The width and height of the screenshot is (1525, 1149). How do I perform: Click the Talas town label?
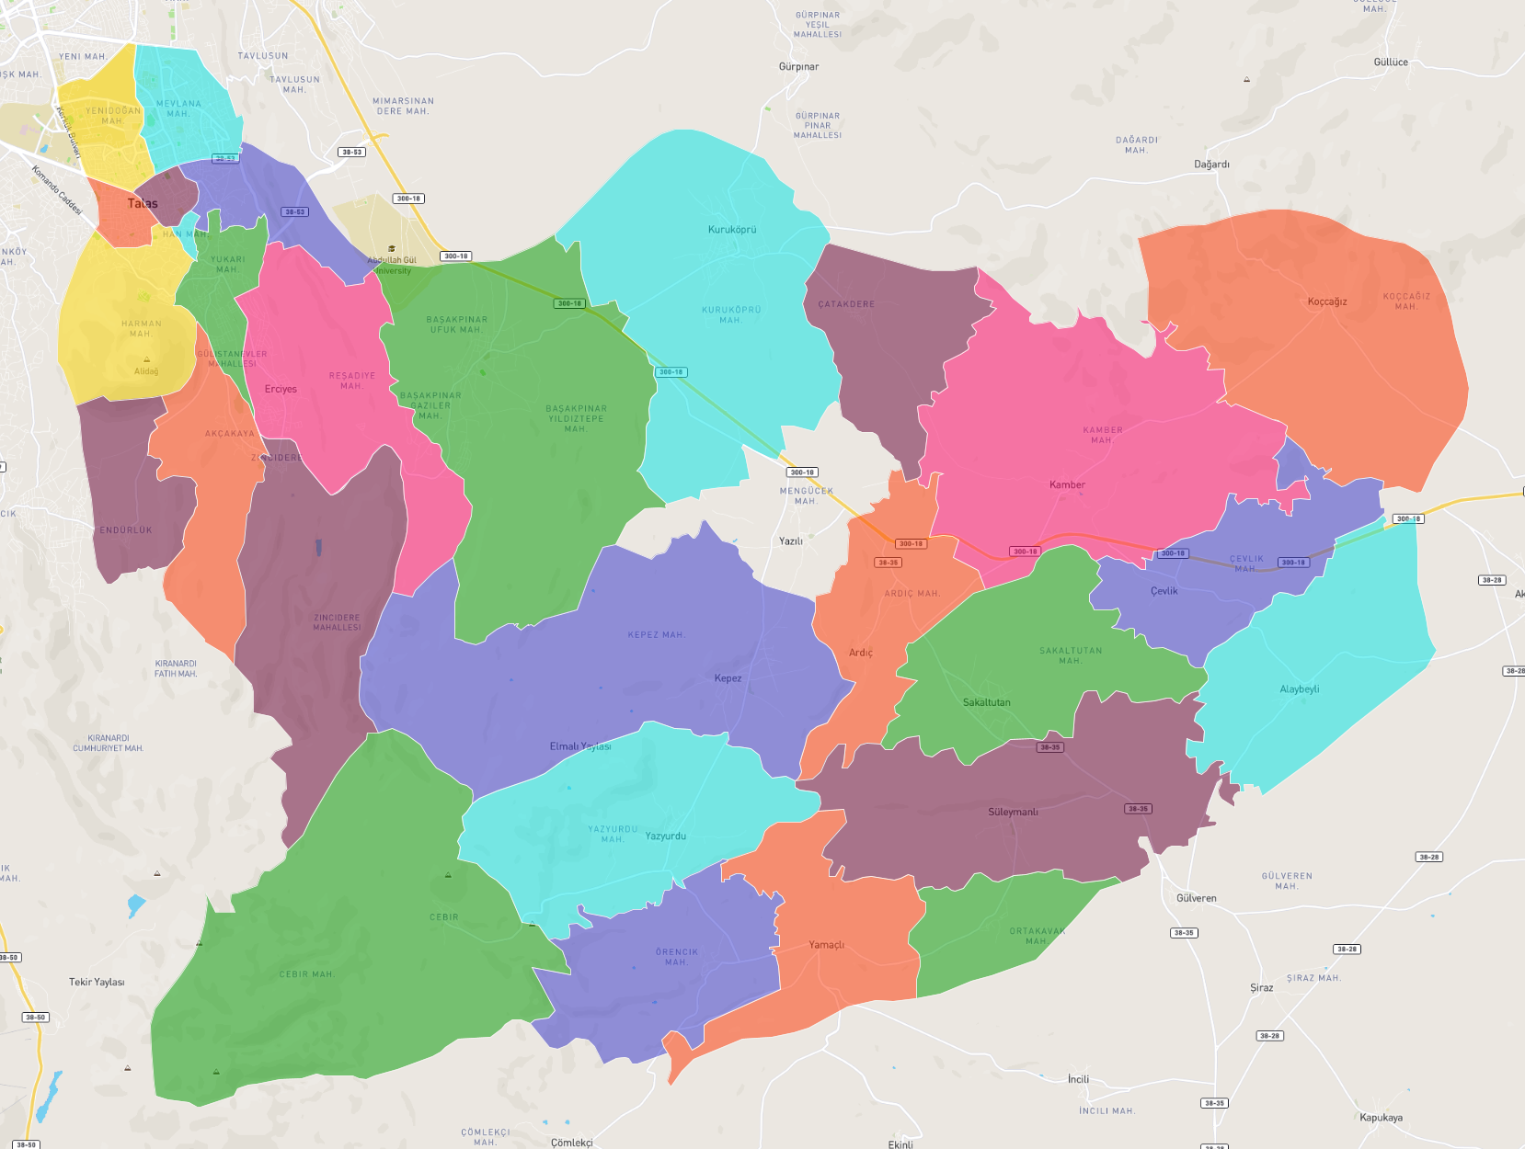[143, 203]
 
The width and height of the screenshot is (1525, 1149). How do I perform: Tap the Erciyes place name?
[281, 389]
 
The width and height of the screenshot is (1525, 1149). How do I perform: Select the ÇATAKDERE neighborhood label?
[846, 304]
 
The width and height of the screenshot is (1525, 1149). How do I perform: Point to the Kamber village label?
[1067, 484]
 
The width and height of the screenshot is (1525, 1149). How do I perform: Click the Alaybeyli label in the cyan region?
[1299, 689]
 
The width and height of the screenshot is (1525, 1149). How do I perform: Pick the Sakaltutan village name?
[986, 702]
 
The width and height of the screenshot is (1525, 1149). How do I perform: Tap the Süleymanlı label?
[1013, 812]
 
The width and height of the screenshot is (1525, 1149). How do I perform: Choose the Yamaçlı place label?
[826, 945]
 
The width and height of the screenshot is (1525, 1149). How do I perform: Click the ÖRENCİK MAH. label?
[676, 957]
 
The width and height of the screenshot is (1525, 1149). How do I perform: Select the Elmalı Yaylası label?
[579, 746]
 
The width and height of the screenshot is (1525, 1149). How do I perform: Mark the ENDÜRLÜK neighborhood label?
[126, 530]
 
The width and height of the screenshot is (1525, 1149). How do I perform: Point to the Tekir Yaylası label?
[97, 982]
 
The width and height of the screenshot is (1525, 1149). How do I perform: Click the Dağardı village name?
[1211, 165]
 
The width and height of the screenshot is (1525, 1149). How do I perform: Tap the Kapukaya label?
[1381, 1118]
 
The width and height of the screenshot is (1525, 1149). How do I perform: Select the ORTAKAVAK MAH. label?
[1037, 936]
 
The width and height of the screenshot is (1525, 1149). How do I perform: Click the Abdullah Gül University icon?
[392, 248]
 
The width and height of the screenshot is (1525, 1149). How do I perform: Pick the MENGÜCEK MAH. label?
[806, 495]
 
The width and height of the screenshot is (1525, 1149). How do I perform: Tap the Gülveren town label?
[1196, 898]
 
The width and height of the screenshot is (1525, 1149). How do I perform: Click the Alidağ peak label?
[146, 371]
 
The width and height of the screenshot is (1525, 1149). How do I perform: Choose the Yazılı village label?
[790, 541]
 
